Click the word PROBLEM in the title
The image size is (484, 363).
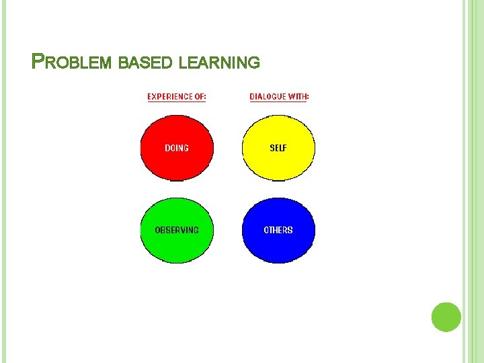(x=73, y=63)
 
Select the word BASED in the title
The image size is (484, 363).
(x=146, y=63)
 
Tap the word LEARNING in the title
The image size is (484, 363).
(x=220, y=63)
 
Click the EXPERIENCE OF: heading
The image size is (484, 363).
(x=177, y=97)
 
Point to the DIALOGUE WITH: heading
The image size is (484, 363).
(x=279, y=97)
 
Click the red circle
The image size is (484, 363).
(x=177, y=148)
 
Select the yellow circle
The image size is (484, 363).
(x=278, y=148)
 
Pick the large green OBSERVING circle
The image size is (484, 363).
(x=177, y=230)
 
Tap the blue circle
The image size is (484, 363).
(x=278, y=230)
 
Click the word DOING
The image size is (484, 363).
(x=177, y=148)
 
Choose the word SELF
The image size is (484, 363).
(x=278, y=148)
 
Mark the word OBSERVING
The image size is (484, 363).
(x=177, y=230)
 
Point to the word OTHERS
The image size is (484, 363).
(x=278, y=230)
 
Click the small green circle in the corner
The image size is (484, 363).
(x=446, y=317)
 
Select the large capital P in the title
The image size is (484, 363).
(x=38, y=62)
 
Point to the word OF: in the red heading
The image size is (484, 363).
(x=200, y=97)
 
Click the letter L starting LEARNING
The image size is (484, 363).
(x=184, y=63)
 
